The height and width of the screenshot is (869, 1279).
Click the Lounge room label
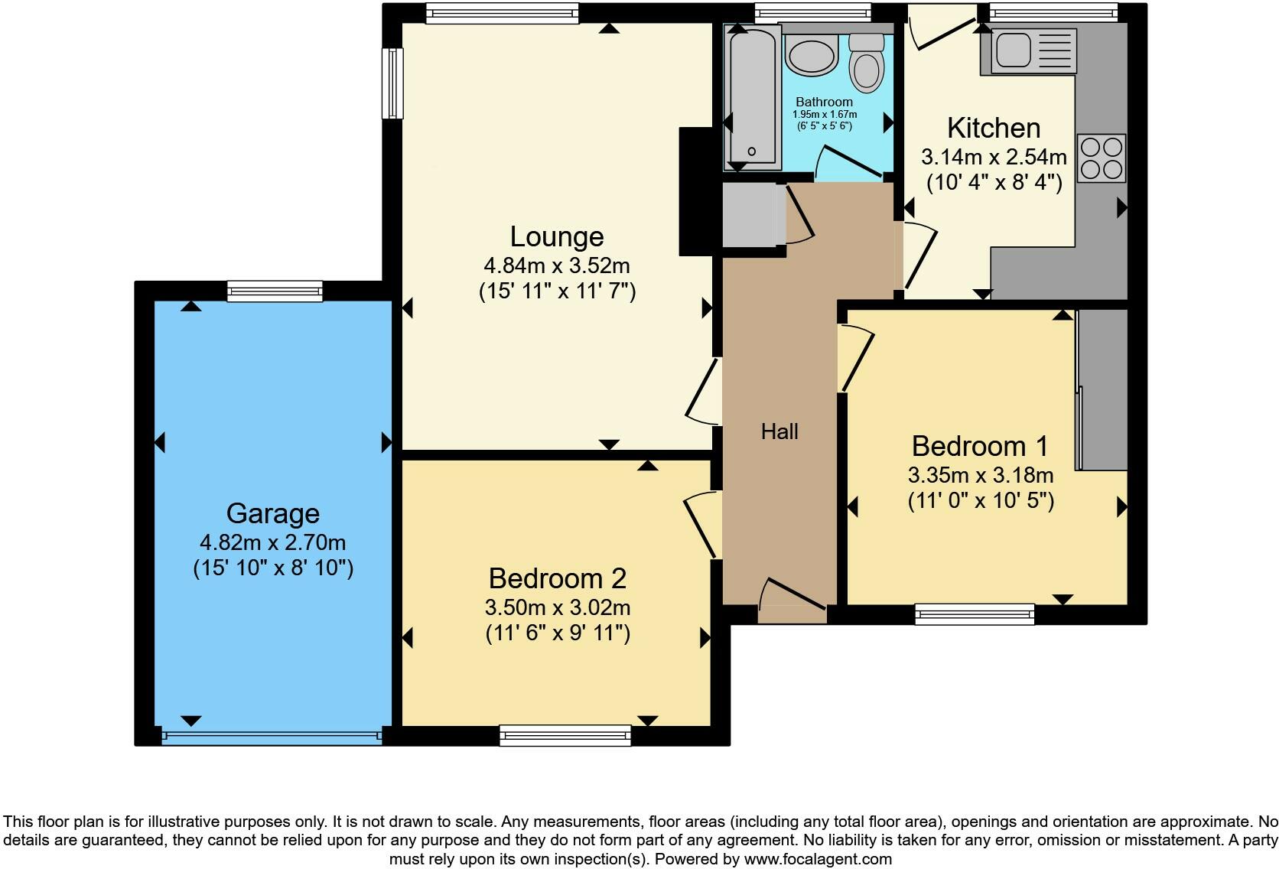(x=556, y=236)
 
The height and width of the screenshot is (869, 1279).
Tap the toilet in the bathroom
(x=866, y=61)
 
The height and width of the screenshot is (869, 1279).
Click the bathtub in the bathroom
(x=752, y=96)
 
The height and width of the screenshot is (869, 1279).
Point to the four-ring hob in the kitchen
(x=1102, y=158)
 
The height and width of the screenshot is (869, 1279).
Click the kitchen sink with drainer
(x=1033, y=51)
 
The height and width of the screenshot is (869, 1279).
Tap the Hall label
(x=779, y=431)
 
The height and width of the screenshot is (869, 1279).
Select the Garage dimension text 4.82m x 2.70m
(x=272, y=542)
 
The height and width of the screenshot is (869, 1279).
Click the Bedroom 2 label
(x=557, y=578)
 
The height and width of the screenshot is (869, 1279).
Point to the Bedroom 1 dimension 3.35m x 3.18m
(x=980, y=475)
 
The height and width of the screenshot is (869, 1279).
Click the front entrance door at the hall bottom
(x=792, y=600)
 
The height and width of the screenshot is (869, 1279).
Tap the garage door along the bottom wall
(x=272, y=737)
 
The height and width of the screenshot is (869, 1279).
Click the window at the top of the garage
(x=275, y=291)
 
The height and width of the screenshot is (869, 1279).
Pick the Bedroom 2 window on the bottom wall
(x=565, y=736)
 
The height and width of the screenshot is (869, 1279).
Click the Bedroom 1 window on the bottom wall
(x=975, y=614)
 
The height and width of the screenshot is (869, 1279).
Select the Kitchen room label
(x=993, y=128)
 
